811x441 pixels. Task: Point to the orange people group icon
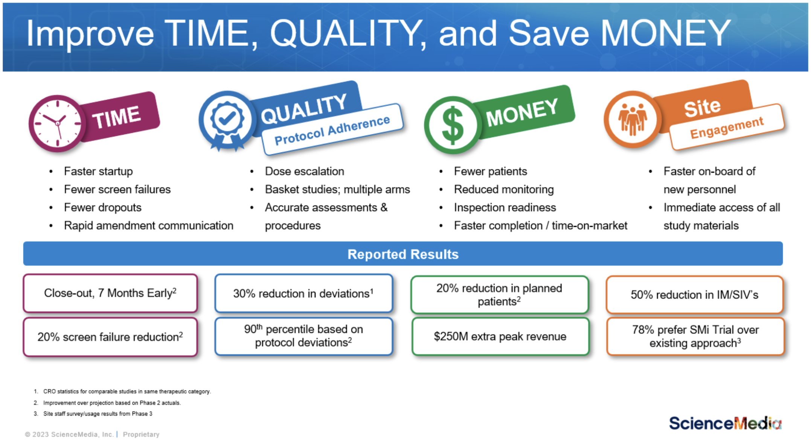coord(633,119)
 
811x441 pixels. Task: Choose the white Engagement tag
coord(727,127)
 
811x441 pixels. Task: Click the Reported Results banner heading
coord(403,254)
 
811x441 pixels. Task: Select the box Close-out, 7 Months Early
coord(110,293)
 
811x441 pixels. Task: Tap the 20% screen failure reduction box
coord(110,337)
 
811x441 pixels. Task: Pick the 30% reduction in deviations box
coord(304,293)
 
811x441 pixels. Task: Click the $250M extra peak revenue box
coord(500,336)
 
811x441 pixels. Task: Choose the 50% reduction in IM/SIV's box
coord(695,295)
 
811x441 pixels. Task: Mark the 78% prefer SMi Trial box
coord(695,336)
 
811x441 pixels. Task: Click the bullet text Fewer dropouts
coord(102,207)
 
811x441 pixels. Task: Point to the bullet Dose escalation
coord(304,171)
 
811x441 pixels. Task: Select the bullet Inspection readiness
coord(505,207)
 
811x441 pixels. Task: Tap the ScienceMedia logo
coord(725,423)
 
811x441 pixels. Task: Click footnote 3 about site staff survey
coord(98,414)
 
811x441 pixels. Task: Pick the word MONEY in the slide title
coord(665,33)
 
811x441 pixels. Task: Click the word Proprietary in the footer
coord(141,434)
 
